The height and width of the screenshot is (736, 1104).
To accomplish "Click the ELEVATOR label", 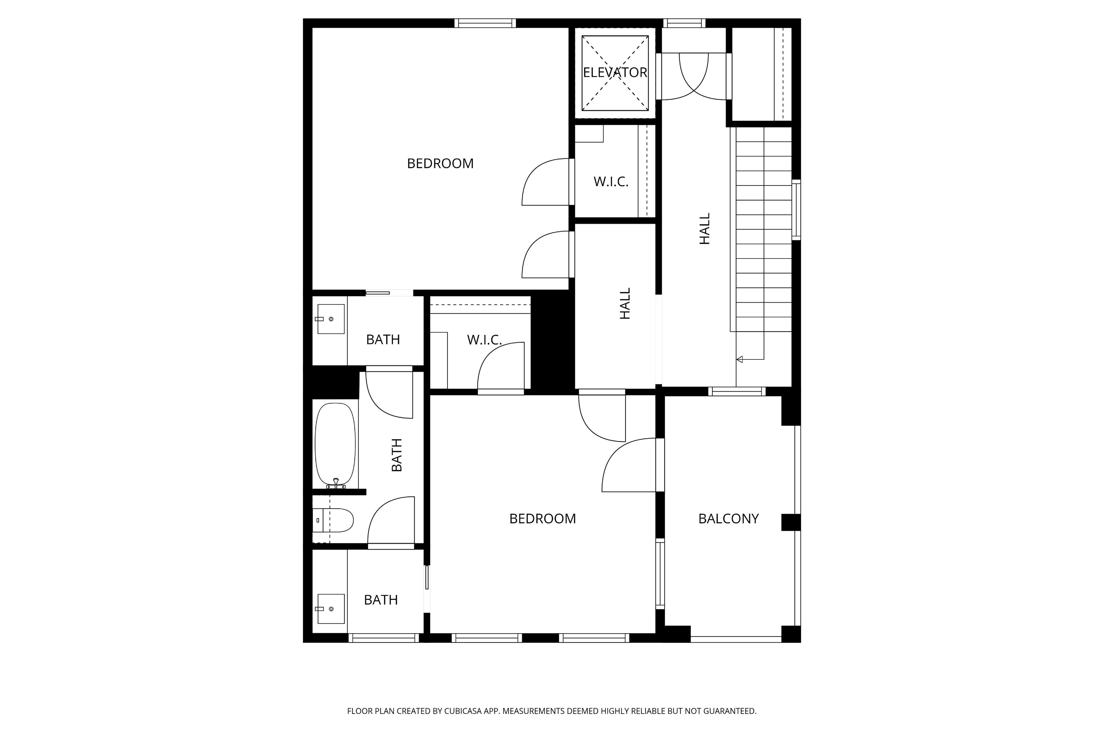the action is (x=615, y=72).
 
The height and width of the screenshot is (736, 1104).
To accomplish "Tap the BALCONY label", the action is (x=729, y=519).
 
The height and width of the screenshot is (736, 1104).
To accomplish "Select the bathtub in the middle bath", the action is (x=335, y=444).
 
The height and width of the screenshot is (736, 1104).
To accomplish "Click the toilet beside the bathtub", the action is (x=333, y=520).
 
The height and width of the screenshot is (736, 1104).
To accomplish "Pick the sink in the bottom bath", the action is (x=331, y=609).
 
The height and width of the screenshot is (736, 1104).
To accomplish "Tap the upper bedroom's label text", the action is (x=440, y=163).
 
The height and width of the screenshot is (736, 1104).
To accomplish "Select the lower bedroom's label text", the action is (x=542, y=519).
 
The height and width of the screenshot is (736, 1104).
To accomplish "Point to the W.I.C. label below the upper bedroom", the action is (x=485, y=340).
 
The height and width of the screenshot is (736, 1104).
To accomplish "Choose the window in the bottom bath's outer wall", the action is (x=384, y=638).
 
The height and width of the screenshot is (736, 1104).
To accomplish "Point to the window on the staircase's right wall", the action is (x=796, y=210).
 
